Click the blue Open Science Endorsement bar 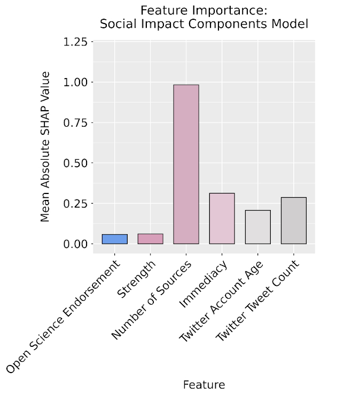[115, 239]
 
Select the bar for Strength [150, 239]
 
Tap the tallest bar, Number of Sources [186, 164]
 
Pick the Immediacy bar [222, 218]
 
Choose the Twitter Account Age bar [257, 227]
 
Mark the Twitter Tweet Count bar [293, 220]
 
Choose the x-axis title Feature [204, 385]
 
